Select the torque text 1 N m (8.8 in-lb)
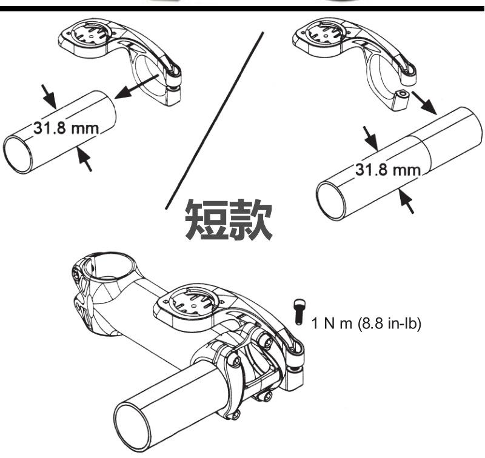[x=366, y=322]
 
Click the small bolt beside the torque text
[x=298, y=311]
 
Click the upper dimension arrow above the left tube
[x=47, y=95]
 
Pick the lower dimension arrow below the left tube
[x=85, y=159]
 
